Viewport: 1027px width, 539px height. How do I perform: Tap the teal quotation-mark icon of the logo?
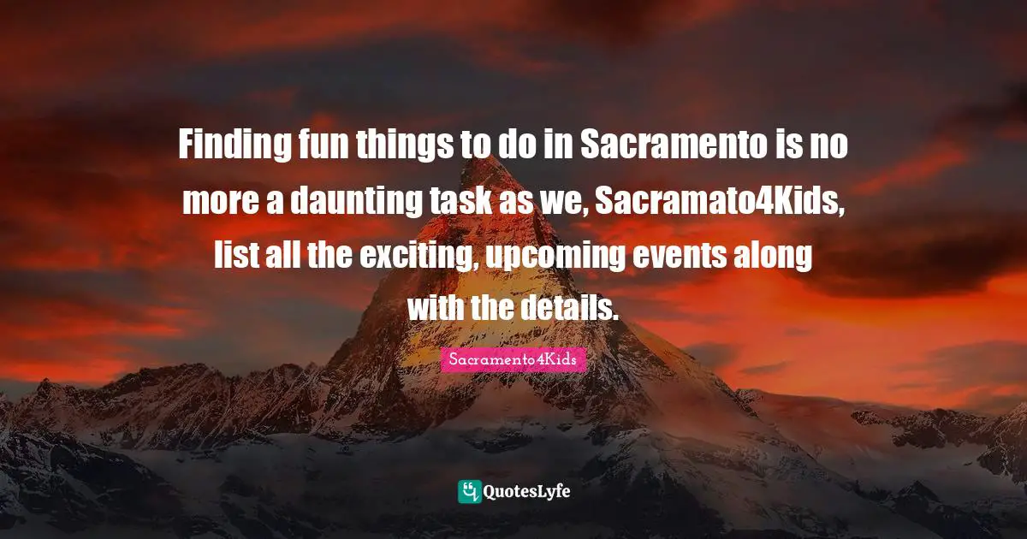point(469,491)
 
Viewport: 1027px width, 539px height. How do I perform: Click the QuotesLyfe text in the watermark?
point(528,492)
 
